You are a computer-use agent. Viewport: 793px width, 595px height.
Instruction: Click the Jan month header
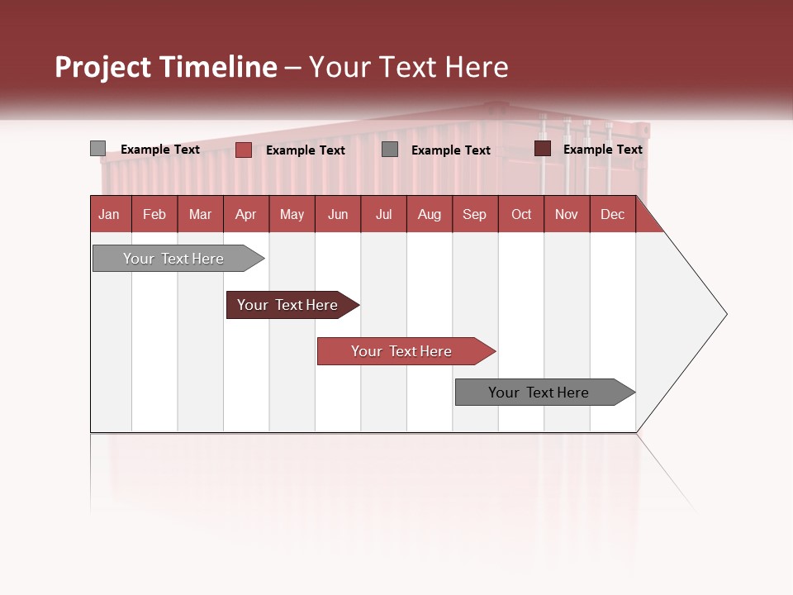point(109,214)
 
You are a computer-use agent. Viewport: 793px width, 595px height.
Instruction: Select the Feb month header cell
point(154,214)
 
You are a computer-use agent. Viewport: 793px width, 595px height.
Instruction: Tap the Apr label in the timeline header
point(245,214)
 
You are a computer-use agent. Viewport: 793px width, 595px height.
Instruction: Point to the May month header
point(292,214)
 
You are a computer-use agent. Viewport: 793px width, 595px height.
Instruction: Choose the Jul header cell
point(383,214)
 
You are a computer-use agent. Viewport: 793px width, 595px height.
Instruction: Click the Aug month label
point(429,214)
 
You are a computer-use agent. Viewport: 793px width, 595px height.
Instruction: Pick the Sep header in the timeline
point(474,214)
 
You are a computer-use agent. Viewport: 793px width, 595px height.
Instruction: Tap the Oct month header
point(521,214)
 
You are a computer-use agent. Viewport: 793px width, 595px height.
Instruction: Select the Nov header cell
point(567,214)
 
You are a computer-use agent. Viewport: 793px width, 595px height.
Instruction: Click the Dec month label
point(612,214)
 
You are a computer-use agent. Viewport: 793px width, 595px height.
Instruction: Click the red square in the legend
point(243,150)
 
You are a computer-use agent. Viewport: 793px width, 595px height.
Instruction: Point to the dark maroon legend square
point(543,149)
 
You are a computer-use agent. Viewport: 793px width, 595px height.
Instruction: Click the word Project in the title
point(102,67)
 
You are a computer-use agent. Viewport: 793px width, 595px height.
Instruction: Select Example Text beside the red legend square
point(305,150)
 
